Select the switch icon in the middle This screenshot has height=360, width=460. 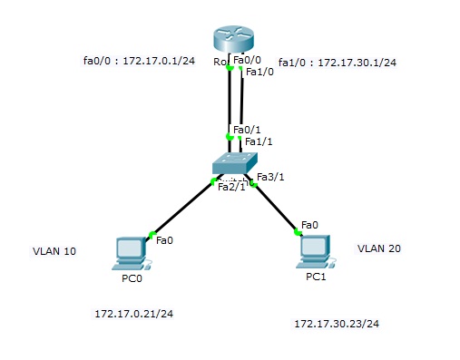235,162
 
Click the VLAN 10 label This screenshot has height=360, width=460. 54,251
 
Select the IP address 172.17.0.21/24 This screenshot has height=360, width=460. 133,314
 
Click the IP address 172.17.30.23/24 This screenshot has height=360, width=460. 337,324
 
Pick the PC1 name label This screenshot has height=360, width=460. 316,275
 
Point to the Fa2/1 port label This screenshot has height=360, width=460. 232,187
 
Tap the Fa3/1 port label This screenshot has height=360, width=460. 271,177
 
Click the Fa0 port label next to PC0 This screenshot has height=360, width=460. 164,240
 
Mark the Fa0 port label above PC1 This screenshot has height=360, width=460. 309,224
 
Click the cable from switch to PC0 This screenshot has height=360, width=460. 181,209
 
